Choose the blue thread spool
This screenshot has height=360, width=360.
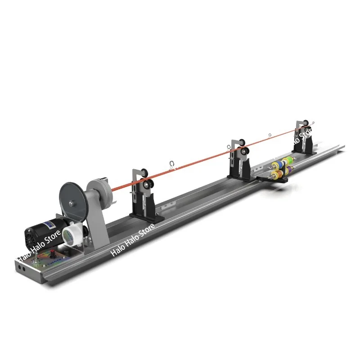coord(280,163)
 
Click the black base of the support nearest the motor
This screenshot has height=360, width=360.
coord(143,215)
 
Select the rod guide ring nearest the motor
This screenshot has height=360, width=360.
coord(171,164)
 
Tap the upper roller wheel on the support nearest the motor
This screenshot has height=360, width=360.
coord(144,171)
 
